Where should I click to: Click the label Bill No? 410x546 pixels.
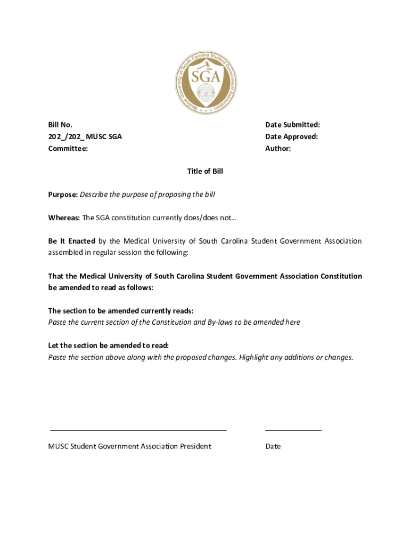(x=60, y=125)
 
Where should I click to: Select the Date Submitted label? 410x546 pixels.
(x=292, y=125)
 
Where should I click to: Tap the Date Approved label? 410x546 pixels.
(x=291, y=136)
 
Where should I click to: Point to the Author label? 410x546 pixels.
(x=278, y=149)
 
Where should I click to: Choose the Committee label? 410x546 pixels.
(x=68, y=149)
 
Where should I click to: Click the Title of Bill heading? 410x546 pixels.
(x=205, y=171)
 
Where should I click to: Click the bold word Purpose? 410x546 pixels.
(x=63, y=195)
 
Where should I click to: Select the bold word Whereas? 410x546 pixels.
(x=64, y=218)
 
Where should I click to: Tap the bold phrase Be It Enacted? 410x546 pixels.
(x=72, y=241)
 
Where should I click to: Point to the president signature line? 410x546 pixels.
(x=138, y=429)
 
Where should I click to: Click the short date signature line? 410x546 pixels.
(x=293, y=429)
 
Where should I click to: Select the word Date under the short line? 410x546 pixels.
(x=273, y=446)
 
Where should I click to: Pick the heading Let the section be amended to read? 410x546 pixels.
(x=109, y=346)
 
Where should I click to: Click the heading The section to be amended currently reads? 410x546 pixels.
(x=121, y=311)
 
